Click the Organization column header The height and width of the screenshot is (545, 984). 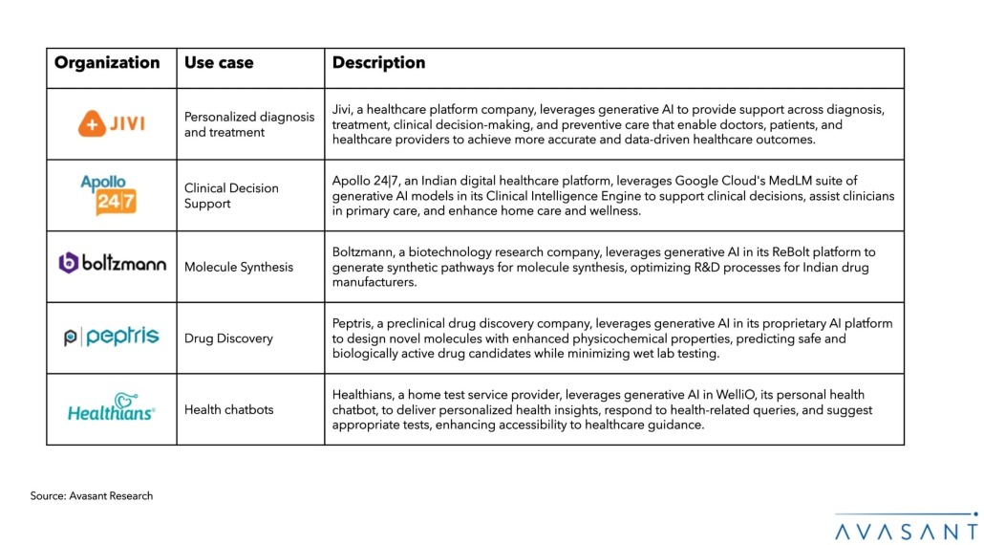point(107,63)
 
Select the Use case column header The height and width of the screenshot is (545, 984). point(219,63)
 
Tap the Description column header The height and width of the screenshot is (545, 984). point(378,63)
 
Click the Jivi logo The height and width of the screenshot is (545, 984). point(112,124)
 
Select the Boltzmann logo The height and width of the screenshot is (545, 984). point(112,264)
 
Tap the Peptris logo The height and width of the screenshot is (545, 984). point(112,338)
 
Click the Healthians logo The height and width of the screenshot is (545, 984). point(112,408)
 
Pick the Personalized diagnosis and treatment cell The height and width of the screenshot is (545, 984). point(248,124)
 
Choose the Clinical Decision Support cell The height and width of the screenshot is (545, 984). point(231,195)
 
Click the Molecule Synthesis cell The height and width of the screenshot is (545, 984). point(239,267)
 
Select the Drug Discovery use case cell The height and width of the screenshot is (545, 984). point(228,338)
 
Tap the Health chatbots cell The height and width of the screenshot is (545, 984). point(228,409)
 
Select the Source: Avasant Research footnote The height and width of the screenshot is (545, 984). point(92,495)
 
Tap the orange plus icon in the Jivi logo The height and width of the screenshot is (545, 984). point(91,124)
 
